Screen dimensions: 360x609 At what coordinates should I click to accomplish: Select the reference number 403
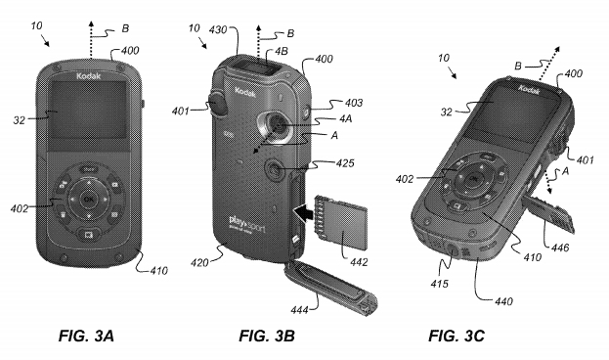[x=337, y=103]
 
